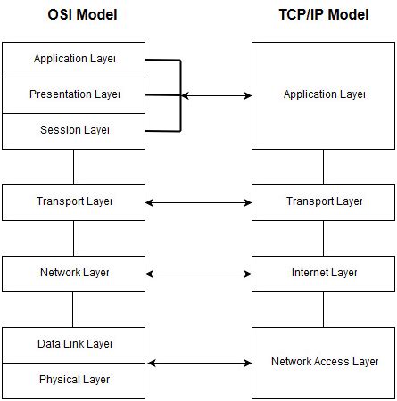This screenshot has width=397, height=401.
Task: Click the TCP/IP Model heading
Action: coord(324,14)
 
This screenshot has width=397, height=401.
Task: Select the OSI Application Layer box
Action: coord(74,60)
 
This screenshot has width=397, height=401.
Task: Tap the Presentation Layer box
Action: coord(74,94)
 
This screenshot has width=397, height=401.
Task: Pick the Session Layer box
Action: coord(74,130)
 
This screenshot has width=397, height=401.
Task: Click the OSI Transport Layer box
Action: coord(74,201)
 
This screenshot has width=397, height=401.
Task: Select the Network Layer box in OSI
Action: coord(74,273)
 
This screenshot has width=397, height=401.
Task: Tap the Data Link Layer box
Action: coord(74,344)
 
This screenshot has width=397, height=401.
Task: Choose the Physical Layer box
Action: coord(74,380)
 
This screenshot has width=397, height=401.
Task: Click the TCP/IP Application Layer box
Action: coord(324,94)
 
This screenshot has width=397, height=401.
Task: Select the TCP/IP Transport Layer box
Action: coord(324,201)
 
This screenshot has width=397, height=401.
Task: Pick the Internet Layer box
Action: coord(324,273)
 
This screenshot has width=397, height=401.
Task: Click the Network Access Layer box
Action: coord(324,362)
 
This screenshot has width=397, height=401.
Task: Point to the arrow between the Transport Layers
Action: coord(198,202)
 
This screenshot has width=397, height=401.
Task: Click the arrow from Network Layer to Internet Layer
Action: coord(198,274)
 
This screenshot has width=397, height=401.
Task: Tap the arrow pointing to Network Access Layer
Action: coord(198,363)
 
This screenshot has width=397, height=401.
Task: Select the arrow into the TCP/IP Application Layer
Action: coord(217,95)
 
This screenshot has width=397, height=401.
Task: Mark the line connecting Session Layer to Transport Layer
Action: coord(74,166)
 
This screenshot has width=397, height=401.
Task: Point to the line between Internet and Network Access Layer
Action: coord(324,308)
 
